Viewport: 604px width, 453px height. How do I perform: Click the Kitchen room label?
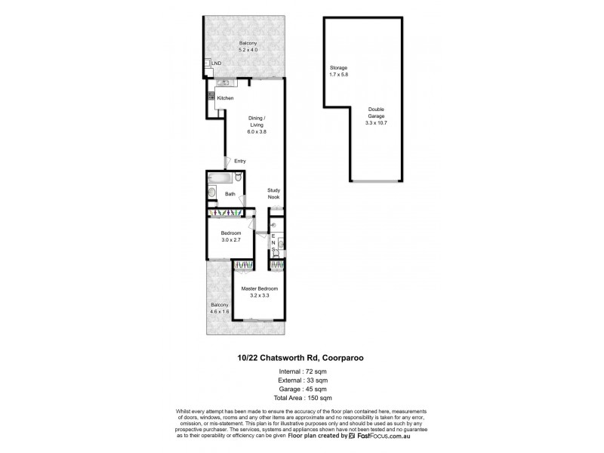[x=225, y=99]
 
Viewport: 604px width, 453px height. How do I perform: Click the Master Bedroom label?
[x=260, y=289]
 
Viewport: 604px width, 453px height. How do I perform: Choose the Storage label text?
[x=337, y=67]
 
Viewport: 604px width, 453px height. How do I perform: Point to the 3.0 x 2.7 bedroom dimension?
[x=230, y=239]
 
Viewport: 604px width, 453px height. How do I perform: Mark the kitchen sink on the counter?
[x=224, y=82]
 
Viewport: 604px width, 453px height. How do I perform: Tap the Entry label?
[x=240, y=161]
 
